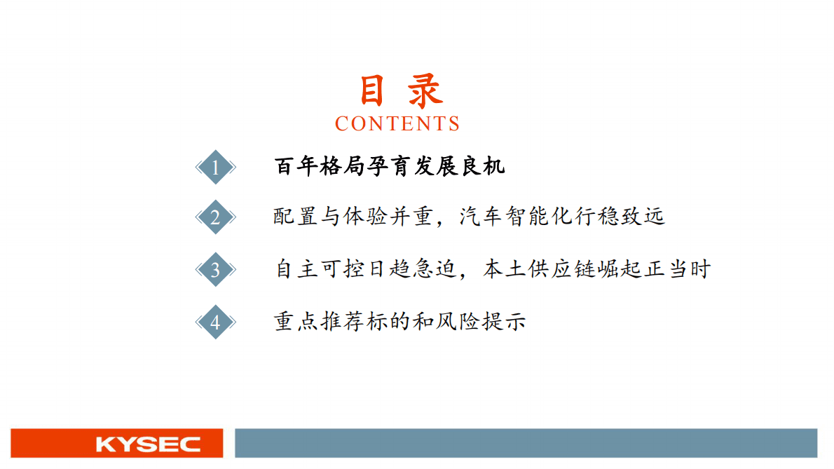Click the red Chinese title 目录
pyautogui.click(x=400, y=92)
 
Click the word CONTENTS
pyautogui.click(x=397, y=124)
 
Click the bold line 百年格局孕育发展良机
pyautogui.click(x=389, y=167)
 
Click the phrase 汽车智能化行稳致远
pyautogui.click(x=561, y=217)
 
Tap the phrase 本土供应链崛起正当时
pyautogui.click(x=596, y=269)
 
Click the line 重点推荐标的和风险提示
pyautogui.click(x=399, y=322)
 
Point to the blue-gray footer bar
pyautogui.click(x=526, y=444)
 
